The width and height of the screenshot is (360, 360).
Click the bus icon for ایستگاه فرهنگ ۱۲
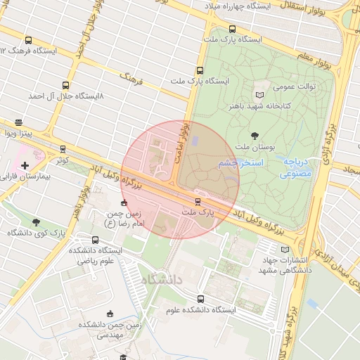[28, 40]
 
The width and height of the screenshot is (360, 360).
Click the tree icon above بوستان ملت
[254, 135]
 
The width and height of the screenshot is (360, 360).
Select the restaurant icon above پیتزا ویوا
[18, 122]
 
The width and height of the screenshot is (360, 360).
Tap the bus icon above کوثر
[63, 149]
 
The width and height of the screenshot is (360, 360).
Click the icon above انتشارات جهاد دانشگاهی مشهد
[285, 249]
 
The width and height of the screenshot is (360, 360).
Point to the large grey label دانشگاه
[161, 280]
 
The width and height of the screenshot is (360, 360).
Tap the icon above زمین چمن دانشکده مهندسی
[109, 314]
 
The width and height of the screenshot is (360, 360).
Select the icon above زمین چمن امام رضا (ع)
[124, 202]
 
